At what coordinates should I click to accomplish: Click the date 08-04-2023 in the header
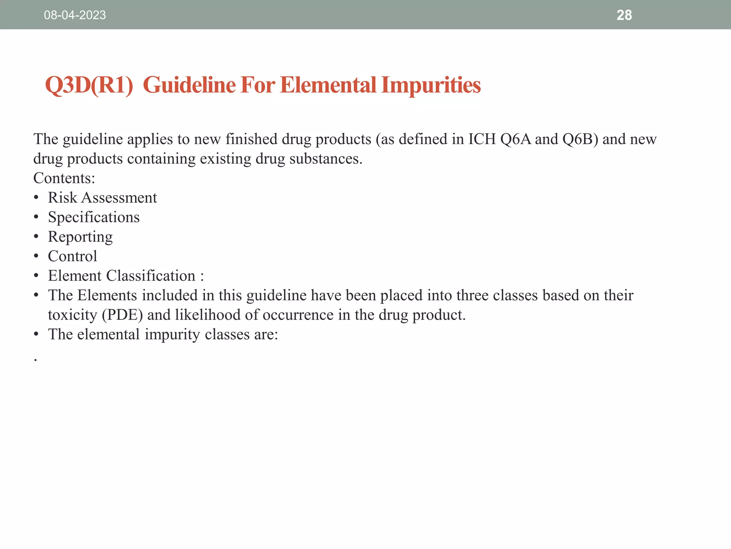[x=75, y=15]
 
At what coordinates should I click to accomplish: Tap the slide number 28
[x=624, y=15]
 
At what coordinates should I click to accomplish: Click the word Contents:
[x=64, y=178]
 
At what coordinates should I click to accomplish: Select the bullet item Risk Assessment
[x=102, y=198]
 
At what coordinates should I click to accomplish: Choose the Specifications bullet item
[x=94, y=217]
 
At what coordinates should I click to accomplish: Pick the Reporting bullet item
[x=80, y=237]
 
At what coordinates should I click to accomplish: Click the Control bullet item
[x=72, y=256]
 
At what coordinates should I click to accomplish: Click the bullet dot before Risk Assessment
[x=36, y=198]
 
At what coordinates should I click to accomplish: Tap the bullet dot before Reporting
[x=36, y=237]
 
